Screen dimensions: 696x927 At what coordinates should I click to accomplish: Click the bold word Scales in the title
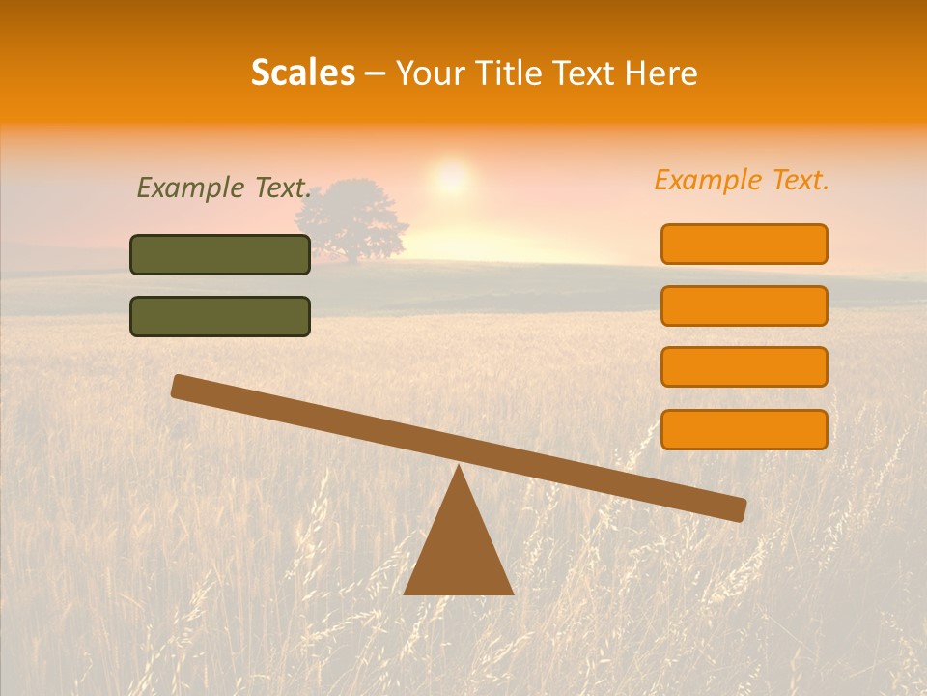302,72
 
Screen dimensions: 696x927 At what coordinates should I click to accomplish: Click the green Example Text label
224,188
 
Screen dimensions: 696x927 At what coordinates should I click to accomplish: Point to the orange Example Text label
742,180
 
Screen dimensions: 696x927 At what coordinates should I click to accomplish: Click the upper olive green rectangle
220,254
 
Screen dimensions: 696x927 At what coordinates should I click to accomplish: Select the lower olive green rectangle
220,316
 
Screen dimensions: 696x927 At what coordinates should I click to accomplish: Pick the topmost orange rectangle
744,244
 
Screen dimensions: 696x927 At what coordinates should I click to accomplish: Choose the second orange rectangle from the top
744,305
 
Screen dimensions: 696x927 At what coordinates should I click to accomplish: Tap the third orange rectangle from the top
744,366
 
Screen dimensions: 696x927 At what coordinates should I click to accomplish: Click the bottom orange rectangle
744,429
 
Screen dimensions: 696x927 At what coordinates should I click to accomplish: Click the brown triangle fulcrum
458,551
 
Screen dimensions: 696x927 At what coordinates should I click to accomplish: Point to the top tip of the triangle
459,468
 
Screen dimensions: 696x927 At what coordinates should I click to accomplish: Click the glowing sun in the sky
451,177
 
